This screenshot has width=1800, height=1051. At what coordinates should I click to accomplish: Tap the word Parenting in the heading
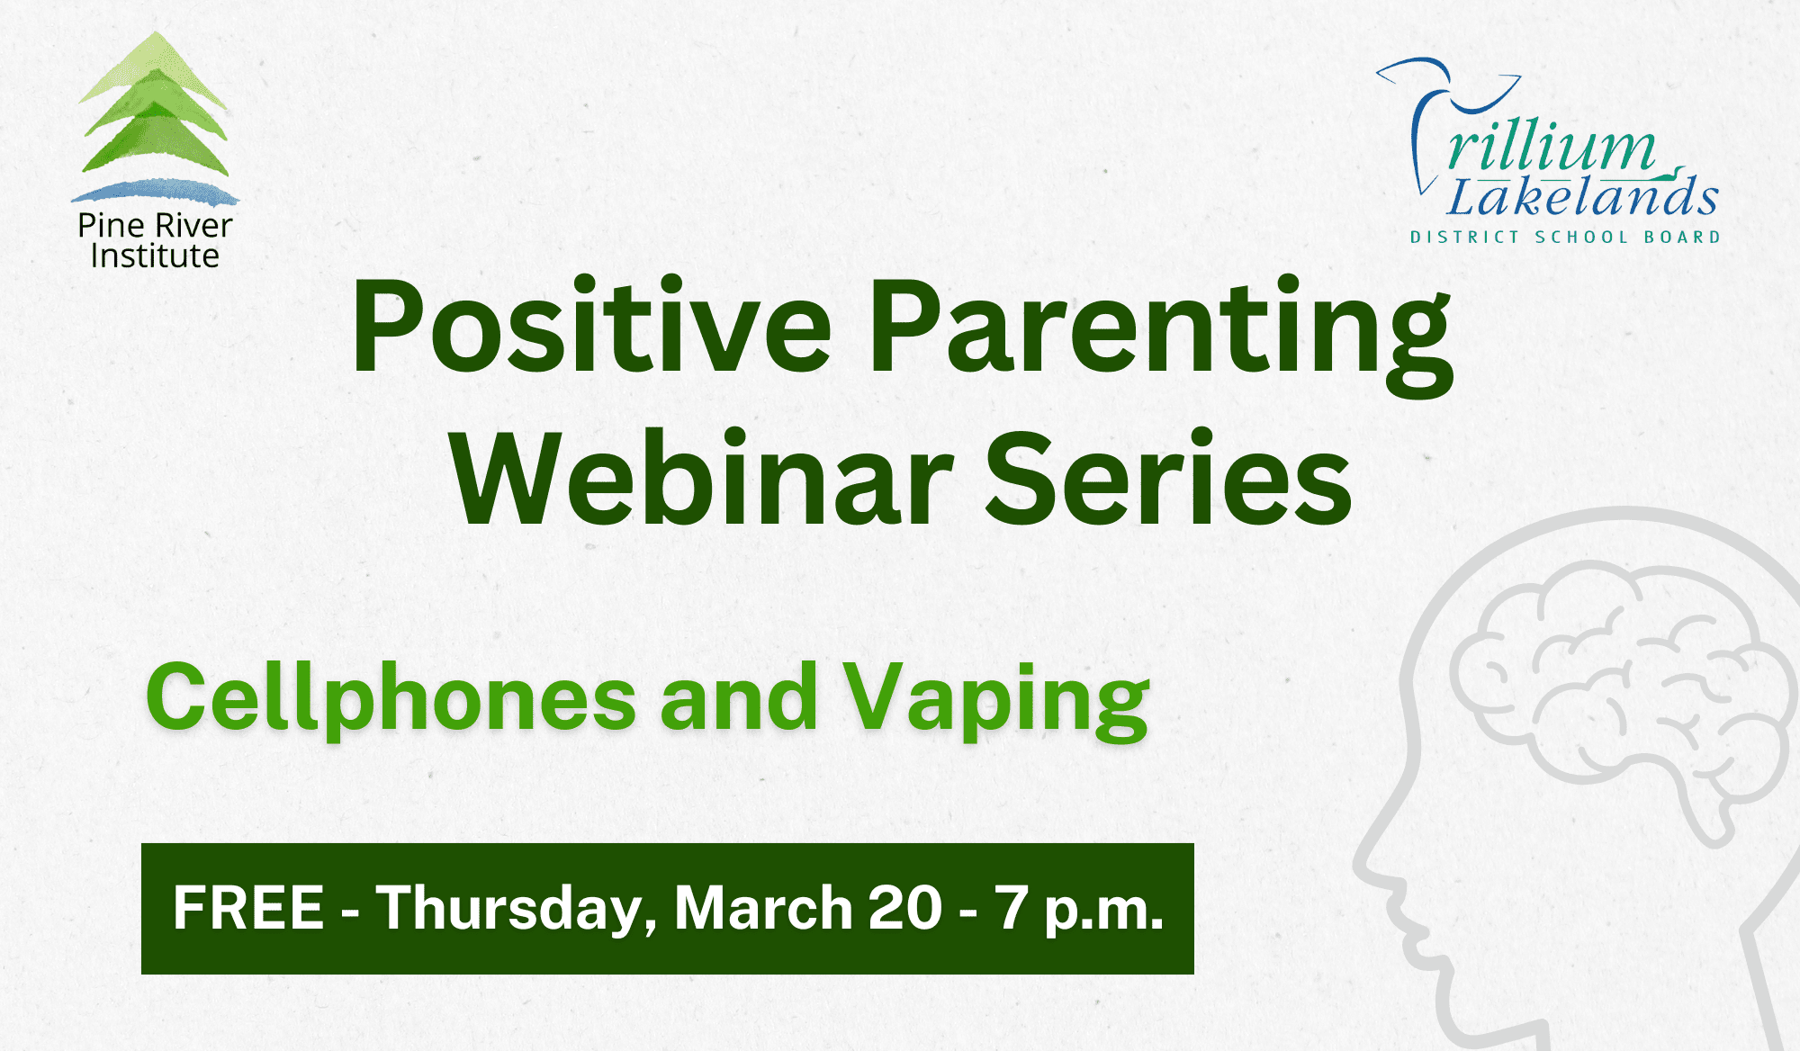click(1161, 335)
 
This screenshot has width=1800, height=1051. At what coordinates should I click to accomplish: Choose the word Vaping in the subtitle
click(996, 700)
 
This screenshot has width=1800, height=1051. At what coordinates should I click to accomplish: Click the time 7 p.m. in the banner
click(1079, 911)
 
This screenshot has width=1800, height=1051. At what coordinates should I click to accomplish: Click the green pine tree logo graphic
click(155, 104)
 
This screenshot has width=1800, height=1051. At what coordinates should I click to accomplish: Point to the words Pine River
click(155, 225)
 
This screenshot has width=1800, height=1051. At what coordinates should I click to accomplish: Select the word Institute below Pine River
click(155, 256)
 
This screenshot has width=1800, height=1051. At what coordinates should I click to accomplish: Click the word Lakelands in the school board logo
click(1582, 196)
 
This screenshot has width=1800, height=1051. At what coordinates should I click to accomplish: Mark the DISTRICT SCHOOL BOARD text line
click(1565, 238)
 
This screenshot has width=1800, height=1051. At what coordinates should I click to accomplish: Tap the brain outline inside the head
click(1620, 693)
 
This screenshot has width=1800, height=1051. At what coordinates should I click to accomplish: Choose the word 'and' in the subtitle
click(739, 698)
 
